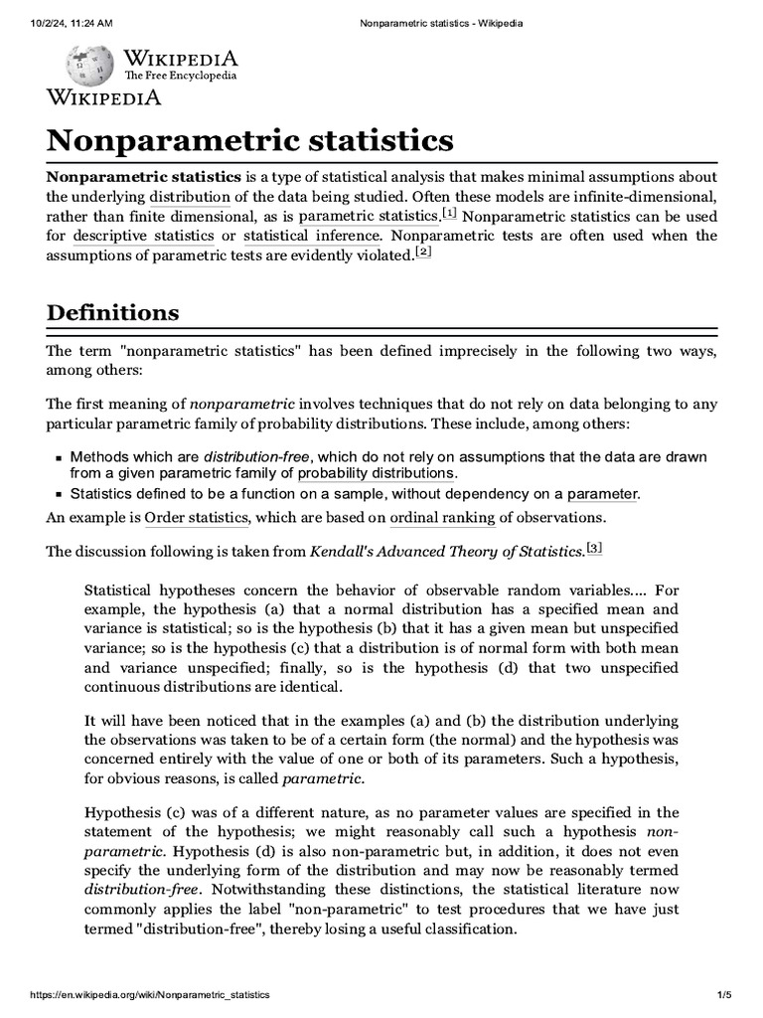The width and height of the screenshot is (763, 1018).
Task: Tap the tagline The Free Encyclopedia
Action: pyautogui.click(x=180, y=76)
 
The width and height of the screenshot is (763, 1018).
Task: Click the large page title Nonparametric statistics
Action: pyautogui.click(x=250, y=138)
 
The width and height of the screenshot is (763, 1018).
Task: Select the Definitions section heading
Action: pyautogui.click(x=113, y=312)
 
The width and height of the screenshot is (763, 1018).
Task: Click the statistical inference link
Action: pyautogui.click(x=311, y=236)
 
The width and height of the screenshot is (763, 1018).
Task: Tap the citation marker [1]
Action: pyautogui.click(x=449, y=213)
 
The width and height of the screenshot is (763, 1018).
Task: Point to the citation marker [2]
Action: pyautogui.click(x=424, y=253)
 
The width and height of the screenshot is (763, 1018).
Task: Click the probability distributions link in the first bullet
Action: pyautogui.click(x=376, y=473)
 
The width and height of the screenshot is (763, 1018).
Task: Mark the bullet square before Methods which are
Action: pyautogui.click(x=58, y=457)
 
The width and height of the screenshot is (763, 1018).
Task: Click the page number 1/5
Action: pyautogui.click(x=723, y=994)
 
